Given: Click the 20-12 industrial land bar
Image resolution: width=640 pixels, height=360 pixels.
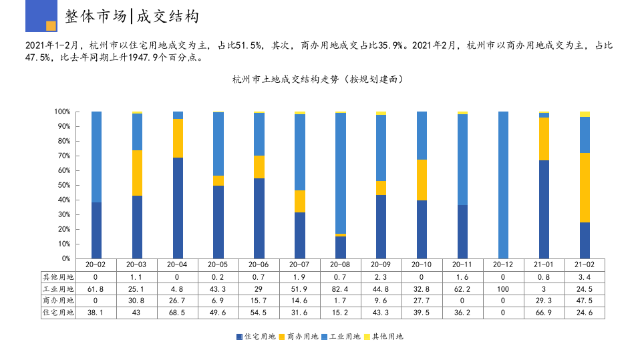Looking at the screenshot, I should (x=503, y=185).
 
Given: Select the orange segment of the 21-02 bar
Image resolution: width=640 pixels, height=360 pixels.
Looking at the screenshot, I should (x=585, y=188).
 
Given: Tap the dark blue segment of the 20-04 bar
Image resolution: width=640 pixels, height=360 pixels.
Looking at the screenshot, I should (x=178, y=208).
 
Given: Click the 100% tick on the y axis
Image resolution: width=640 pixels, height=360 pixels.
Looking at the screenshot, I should (x=62, y=112).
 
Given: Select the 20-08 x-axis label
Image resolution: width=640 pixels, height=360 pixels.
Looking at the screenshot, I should (x=341, y=264).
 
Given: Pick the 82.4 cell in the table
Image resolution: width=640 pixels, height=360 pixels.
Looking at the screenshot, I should (x=341, y=289).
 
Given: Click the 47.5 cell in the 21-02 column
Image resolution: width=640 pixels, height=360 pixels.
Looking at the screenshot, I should (x=585, y=301).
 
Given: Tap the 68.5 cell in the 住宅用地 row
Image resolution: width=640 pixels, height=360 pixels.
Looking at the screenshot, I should (x=178, y=312).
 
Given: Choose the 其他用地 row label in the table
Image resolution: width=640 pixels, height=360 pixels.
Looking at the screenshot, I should (x=58, y=277).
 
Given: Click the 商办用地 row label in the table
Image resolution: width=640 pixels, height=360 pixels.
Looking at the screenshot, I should (x=58, y=301).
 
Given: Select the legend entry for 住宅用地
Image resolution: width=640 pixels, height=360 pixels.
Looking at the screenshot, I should (x=256, y=337).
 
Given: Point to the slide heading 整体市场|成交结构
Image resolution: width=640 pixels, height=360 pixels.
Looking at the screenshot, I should (x=132, y=17).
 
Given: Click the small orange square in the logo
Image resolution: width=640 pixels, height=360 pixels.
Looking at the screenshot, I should (x=51, y=26).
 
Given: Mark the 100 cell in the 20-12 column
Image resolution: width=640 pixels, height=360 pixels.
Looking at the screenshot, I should (x=503, y=289).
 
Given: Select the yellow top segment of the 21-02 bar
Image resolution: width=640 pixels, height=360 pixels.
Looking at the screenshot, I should (x=585, y=114).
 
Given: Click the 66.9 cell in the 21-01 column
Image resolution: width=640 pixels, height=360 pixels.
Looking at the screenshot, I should (x=544, y=312).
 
